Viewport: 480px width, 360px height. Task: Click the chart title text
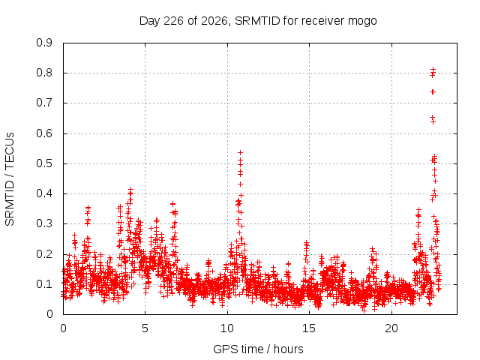[x=258, y=21]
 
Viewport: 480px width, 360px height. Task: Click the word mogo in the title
[x=362, y=22]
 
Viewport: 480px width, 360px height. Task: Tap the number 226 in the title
[x=173, y=21]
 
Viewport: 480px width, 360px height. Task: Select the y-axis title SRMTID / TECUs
[x=10, y=179]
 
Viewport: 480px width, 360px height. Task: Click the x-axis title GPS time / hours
[x=258, y=349]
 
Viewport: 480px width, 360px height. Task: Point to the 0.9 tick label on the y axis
[x=44, y=43]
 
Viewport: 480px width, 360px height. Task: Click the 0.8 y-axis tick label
[x=44, y=73]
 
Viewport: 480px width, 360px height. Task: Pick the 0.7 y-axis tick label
[x=44, y=103]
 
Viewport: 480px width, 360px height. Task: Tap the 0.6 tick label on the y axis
[x=44, y=133]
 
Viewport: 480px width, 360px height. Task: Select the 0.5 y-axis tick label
[x=44, y=163]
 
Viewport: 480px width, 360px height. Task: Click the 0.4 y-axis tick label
[x=44, y=193]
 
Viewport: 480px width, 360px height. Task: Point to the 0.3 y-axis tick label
[x=44, y=223]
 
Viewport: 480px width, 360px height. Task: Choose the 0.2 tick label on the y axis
[x=44, y=253]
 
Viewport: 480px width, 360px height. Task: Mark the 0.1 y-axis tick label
[x=44, y=283]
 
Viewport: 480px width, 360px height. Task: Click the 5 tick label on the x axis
[x=145, y=328]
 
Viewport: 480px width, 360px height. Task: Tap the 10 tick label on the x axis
[x=227, y=328]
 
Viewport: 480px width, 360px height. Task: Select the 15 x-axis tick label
[x=309, y=328]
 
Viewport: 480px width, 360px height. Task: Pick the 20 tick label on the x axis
[x=391, y=328]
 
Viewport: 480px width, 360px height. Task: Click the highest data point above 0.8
[x=433, y=70]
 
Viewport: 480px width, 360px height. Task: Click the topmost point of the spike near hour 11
[x=241, y=152]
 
